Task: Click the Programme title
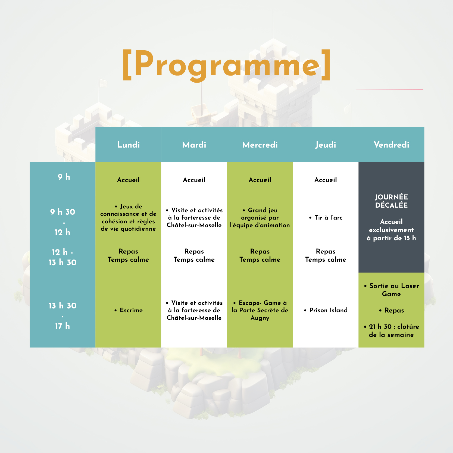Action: tap(226, 65)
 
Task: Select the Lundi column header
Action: tap(128, 145)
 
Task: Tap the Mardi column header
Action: tap(194, 145)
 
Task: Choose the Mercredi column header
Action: tap(260, 145)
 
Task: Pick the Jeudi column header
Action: tap(326, 145)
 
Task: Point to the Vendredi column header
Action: tap(391, 145)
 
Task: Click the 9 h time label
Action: tap(64, 177)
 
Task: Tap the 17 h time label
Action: tap(63, 326)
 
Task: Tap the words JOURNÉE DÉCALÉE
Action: tap(391, 201)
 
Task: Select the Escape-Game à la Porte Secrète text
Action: tap(260, 310)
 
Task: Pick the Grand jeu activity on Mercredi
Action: tap(260, 217)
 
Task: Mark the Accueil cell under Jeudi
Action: tap(326, 180)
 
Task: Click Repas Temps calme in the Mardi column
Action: tap(194, 255)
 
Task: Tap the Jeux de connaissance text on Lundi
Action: tap(128, 217)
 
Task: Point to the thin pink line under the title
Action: tap(389, 89)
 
